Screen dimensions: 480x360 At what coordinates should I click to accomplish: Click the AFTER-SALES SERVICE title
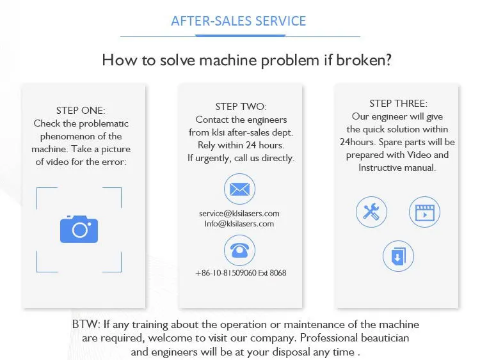(239, 20)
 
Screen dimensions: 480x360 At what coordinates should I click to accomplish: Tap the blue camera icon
(79, 229)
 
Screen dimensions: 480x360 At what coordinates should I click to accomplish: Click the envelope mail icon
(239, 189)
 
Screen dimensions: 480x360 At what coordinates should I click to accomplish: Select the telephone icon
(239, 250)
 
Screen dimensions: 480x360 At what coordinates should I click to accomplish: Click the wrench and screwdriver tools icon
(371, 212)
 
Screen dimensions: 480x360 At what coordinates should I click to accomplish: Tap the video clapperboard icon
(424, 212)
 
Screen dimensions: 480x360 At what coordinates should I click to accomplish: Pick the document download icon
(398, 256)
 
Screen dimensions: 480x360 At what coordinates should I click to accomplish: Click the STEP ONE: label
(81, 111)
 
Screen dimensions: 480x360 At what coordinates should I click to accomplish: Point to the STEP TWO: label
(241, 107)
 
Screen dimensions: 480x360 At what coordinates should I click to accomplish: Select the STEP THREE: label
(398, 104)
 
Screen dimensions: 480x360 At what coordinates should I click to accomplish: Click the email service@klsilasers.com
(239, 214)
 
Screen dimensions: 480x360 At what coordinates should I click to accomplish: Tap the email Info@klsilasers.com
(239, 224)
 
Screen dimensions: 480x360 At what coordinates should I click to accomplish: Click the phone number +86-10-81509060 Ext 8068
(241, 273)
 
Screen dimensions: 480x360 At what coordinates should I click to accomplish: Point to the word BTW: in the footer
(86, 325)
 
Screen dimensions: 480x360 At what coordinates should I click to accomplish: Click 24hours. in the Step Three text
(358, 142)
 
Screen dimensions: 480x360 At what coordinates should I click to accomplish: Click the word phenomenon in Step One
(68, 136)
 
